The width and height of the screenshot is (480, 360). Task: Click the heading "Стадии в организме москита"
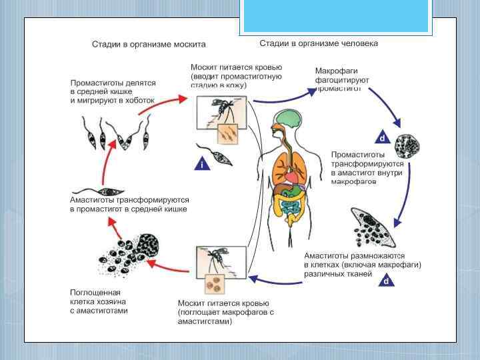[149, 45]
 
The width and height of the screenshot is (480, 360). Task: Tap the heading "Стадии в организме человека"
[318, 43]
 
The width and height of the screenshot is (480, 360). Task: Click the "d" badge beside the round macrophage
[382, 138]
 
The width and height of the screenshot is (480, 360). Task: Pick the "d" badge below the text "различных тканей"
[385, 281]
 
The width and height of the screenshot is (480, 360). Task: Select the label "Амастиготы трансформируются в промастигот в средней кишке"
[130, 204]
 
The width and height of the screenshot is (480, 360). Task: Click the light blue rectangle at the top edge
[336, 16]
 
